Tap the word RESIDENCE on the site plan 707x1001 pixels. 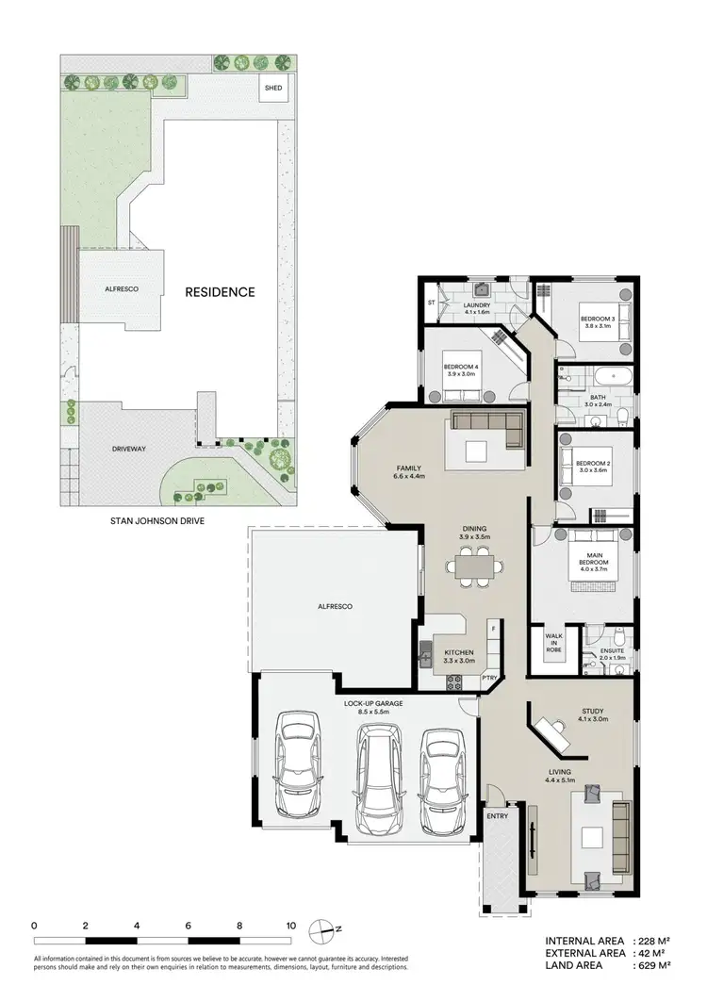(219, 292)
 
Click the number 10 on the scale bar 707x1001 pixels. (291, 926)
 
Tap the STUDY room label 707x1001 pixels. (592, 712)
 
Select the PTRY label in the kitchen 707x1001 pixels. (489, 677)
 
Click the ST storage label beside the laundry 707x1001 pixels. (432, 304)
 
